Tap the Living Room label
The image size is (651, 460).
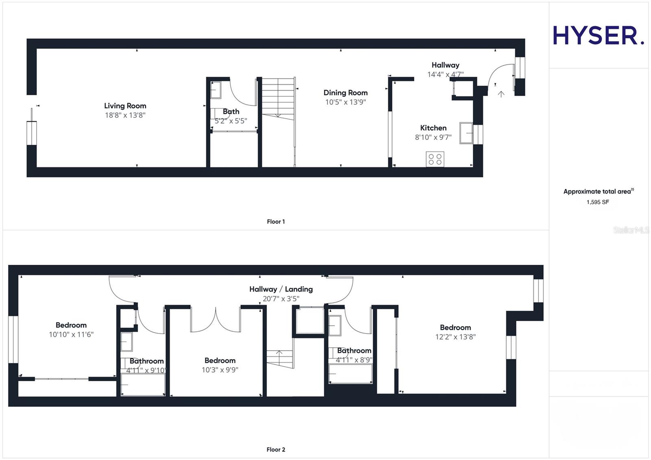pyautogui.click(x=125, y=106)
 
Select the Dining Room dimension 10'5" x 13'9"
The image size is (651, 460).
pyautogui.click(x=345, y=102)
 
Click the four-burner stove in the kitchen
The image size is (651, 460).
pyautogui.click(x=435, y=159)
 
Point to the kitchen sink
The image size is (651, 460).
pyautogui.click(x=466, y=133)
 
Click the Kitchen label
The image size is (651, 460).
pyautogui.click(x=433, y=128)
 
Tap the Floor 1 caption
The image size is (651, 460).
pyautogui.click(x=276, y=222)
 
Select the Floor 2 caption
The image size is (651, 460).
pyautogui.click(x=276, y=449)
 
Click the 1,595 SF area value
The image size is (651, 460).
pyautogui.click(x=598, y=202)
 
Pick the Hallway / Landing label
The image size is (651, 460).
pyautogui.click(x=281, y=289)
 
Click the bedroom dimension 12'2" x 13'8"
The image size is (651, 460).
pyautogui.click(x=455, y=337)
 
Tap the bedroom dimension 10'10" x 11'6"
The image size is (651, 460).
pyautogui.click(x=71, y=334)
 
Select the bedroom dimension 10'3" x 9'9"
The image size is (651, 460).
pyautogui.click(x=220, y=370)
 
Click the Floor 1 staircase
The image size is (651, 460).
pyautogui.click(x=278, y=98)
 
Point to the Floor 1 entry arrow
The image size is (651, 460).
pyautogui.click(x=501, y=94)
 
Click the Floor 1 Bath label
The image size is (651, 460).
pyautogui.click(x=231, y=111)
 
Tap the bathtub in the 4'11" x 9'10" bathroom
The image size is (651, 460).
pyautogui.click(x=143, y=384)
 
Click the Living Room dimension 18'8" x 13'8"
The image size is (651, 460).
pyautogui.click(x=125, y=115)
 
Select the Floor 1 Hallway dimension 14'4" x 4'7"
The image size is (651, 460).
pyautogui.click(x=445, y=74)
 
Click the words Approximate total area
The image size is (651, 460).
pyautogui.click(x=597, y=192)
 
